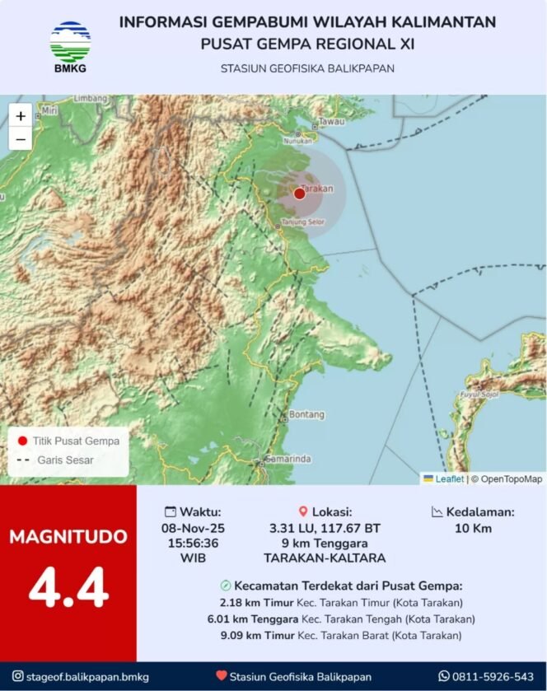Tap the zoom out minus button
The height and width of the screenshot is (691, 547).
click(x=21, y=139)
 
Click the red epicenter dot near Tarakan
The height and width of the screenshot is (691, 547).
click(x=299, y=194)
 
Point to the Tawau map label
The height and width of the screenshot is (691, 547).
click(x=332, y=121)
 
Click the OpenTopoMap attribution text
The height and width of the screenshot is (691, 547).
click(x=512, y=479)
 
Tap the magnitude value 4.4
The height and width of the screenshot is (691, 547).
click(x=68, y=587)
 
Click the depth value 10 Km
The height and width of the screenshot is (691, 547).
click(x=473, y=528)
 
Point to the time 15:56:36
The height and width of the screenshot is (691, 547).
click(x=193, y=543)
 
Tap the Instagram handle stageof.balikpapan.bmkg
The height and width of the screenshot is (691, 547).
click(x=88, y=676)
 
